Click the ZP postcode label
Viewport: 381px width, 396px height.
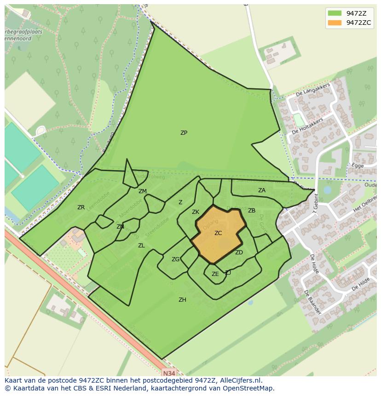point(184,133)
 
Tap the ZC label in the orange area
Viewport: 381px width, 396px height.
point(218,233)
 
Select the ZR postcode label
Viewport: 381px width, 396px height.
point(81,207)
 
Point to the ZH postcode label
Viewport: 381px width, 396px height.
point(182,300)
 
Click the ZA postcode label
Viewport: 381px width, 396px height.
point(262,190)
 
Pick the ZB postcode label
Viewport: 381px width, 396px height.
point(252,211)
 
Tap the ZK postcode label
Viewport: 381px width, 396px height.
point(196,212)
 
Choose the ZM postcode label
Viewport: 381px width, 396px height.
point(143,191)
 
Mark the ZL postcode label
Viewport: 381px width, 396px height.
point(141,246)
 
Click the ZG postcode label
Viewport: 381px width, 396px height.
point(175,259)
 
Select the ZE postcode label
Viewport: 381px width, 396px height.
point(215,274)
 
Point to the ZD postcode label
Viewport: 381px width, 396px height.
point(239,253)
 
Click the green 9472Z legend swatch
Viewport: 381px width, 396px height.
point(335,13)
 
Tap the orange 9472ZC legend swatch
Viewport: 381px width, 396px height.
point(335,23)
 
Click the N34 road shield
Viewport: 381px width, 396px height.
point(169,373)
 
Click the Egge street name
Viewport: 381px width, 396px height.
point(358,166)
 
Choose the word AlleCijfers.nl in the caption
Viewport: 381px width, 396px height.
point(239,381)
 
